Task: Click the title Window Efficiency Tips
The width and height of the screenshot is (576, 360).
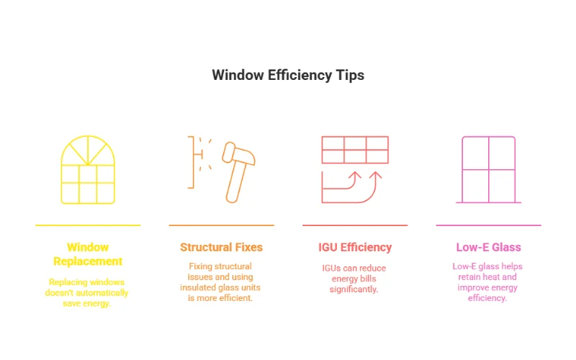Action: (288, 75)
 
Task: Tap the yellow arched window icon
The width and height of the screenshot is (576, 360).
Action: (88, 170)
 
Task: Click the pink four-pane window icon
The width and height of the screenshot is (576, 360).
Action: (488, 170)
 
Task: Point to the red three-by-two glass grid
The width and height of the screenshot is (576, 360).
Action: (354, 150)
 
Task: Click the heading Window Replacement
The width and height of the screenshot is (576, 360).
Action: (88, 254)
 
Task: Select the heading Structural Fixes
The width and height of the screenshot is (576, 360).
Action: (221, 248)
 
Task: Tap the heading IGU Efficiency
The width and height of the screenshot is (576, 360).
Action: (355, 248)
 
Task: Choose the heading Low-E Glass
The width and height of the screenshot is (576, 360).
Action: (488, 248)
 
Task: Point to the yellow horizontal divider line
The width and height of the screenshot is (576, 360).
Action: (88, 225)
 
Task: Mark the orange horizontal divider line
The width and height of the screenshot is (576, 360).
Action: (221, 225)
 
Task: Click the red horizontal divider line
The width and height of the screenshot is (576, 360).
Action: (355, 225)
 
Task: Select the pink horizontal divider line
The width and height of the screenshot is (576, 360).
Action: (488, 225)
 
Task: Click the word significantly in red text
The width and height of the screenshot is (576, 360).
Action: (354, 289)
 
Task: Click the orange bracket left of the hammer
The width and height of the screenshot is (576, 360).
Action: (192, 162)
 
